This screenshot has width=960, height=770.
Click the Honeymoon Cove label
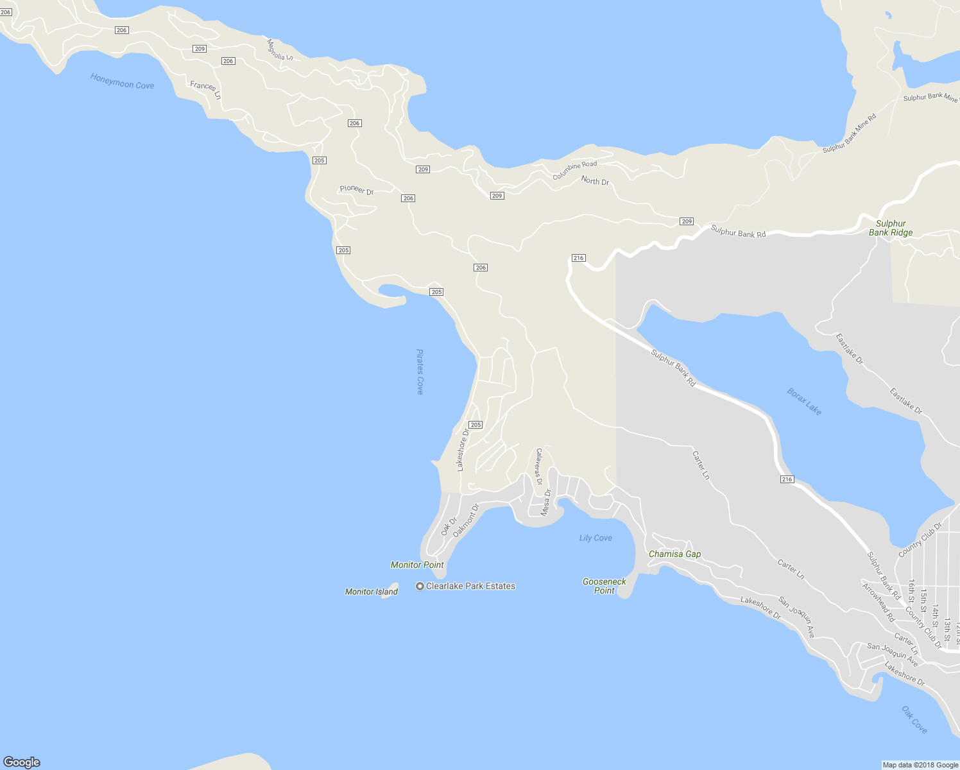click(x=122, y=81)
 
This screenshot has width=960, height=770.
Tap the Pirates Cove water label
click(x=420, y=372)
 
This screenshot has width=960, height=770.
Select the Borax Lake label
click(x=804, y=402)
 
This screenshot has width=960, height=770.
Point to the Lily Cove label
click(x=596, y=538)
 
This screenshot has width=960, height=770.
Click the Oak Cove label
click(x=914, y=720)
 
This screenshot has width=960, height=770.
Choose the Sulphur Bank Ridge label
click(x=891, y=228)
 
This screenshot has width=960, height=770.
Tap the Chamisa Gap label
click(x=674, y=554)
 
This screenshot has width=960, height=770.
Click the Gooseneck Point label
click(x=604, y=586)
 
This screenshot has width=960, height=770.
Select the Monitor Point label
click(x=417, y=565)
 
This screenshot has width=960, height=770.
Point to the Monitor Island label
click(x=371, y=592)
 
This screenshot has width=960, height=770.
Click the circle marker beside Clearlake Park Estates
click(x=420, y=586)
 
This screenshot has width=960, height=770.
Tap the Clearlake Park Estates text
click(x=470, y=586)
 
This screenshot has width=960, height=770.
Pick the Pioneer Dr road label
click(x=356, y=189)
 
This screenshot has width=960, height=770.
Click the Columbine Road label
click(x=574, y=170)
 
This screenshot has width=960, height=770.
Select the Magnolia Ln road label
click(x=280, y=49)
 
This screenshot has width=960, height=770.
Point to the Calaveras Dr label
click(x=539, y=466)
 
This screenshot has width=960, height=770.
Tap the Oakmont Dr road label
click(x=466, y=520)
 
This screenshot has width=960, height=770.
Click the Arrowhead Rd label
click(x=878, y=603)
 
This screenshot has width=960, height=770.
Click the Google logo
click(x=22, y=762)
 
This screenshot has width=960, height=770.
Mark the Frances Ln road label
click(x=205, y=90)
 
